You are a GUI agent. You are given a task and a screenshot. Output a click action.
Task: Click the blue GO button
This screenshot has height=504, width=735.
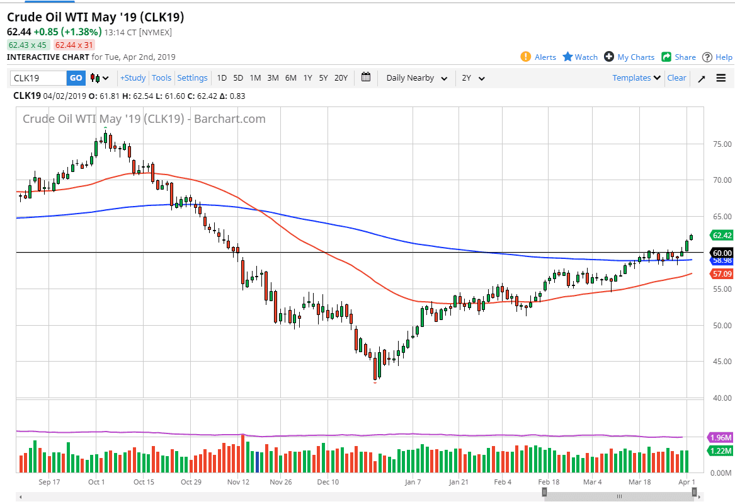click(x=76, y=78)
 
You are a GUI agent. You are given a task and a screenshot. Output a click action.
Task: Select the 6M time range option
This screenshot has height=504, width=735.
click(x=290, y=78)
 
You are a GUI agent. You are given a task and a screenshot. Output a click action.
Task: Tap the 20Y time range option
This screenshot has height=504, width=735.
click(x=341, y=78)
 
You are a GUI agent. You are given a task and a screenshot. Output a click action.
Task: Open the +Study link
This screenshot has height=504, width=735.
click(x=133, y=78)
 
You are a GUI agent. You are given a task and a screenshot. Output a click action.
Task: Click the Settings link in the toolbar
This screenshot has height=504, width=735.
click(x=192, y=78)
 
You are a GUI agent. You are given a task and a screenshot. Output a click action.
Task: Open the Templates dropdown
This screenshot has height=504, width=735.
click(x=636, y=78)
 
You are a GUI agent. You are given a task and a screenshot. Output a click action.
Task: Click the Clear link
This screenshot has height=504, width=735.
click(x=676, y=78)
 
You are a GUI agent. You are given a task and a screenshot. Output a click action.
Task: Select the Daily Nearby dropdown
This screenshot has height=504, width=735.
click(x=416, y=78)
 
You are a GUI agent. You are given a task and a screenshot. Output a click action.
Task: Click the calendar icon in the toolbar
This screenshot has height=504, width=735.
click(x=366, y=77)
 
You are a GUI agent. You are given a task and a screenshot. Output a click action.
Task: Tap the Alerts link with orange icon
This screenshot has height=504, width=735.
click(x=539, y=57)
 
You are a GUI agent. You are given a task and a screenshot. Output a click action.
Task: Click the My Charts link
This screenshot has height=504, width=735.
click(x=629, y=57)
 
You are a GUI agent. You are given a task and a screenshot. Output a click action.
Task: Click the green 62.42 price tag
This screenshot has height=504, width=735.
click(x=721, y=236)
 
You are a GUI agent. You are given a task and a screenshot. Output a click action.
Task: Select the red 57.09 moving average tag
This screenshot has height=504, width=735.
click(x=721, y=274)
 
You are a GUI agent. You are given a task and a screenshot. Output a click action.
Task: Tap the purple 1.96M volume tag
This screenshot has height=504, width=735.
click(x=721, y=437)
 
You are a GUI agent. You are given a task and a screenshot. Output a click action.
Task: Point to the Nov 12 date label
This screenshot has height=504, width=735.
click(x=239, y=482)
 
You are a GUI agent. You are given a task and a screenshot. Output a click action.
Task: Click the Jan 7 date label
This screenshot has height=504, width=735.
click(x=413, y=482)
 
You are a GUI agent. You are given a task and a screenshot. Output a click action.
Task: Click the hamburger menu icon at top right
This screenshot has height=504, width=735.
click(x=721, y=78)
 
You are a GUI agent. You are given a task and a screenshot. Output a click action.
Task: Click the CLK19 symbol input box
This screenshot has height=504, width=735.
click(x=38, y=78)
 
